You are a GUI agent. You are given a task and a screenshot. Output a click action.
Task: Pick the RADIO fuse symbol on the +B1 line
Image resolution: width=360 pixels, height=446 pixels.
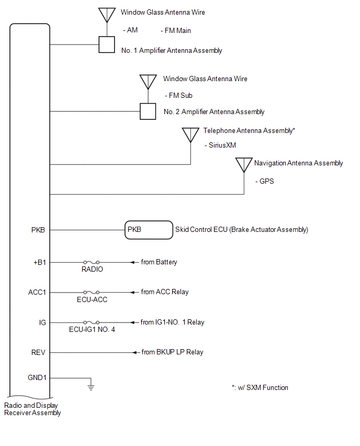tap(91, 262)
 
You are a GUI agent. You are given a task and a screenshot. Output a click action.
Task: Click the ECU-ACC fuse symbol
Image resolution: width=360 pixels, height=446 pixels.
tap(91, 292)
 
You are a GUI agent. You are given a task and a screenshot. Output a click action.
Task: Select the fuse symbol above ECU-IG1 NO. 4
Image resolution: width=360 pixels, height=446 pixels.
tap(91, 322)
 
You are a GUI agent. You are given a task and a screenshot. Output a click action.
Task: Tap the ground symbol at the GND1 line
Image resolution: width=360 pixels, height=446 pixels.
tap(91, 387)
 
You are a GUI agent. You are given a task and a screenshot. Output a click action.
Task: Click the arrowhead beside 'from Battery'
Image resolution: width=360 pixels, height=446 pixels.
tap(132, 262)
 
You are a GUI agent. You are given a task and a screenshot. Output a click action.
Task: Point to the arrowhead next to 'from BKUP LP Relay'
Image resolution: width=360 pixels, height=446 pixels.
tap(135, 352)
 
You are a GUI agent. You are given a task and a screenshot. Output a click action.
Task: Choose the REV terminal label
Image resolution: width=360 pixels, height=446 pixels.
tap(38, 352)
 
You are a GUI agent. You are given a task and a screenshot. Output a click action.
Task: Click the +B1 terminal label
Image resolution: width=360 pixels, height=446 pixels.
tap(40, 262)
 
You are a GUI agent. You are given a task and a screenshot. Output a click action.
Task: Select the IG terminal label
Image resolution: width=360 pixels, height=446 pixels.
tap(42, 322)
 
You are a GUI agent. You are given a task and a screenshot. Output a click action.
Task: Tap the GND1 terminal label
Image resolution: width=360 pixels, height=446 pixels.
tap(37, 377)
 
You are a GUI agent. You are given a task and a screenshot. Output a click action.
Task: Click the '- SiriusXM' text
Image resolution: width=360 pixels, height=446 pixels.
tap(220, 145)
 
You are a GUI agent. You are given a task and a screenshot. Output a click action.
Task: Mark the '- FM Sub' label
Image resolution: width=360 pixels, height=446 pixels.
tap(178, 95)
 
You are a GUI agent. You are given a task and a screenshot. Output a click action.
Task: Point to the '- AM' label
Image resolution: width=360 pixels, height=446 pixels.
tap(130, 30)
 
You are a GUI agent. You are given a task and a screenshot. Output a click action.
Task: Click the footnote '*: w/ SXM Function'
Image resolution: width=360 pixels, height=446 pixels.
tap(260, 387)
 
